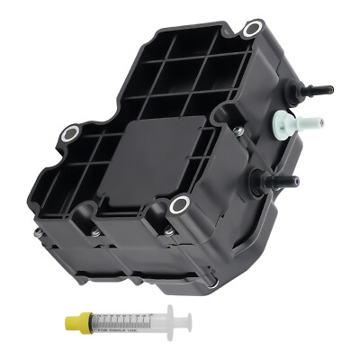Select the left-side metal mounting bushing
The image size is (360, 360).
coord(69,138)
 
